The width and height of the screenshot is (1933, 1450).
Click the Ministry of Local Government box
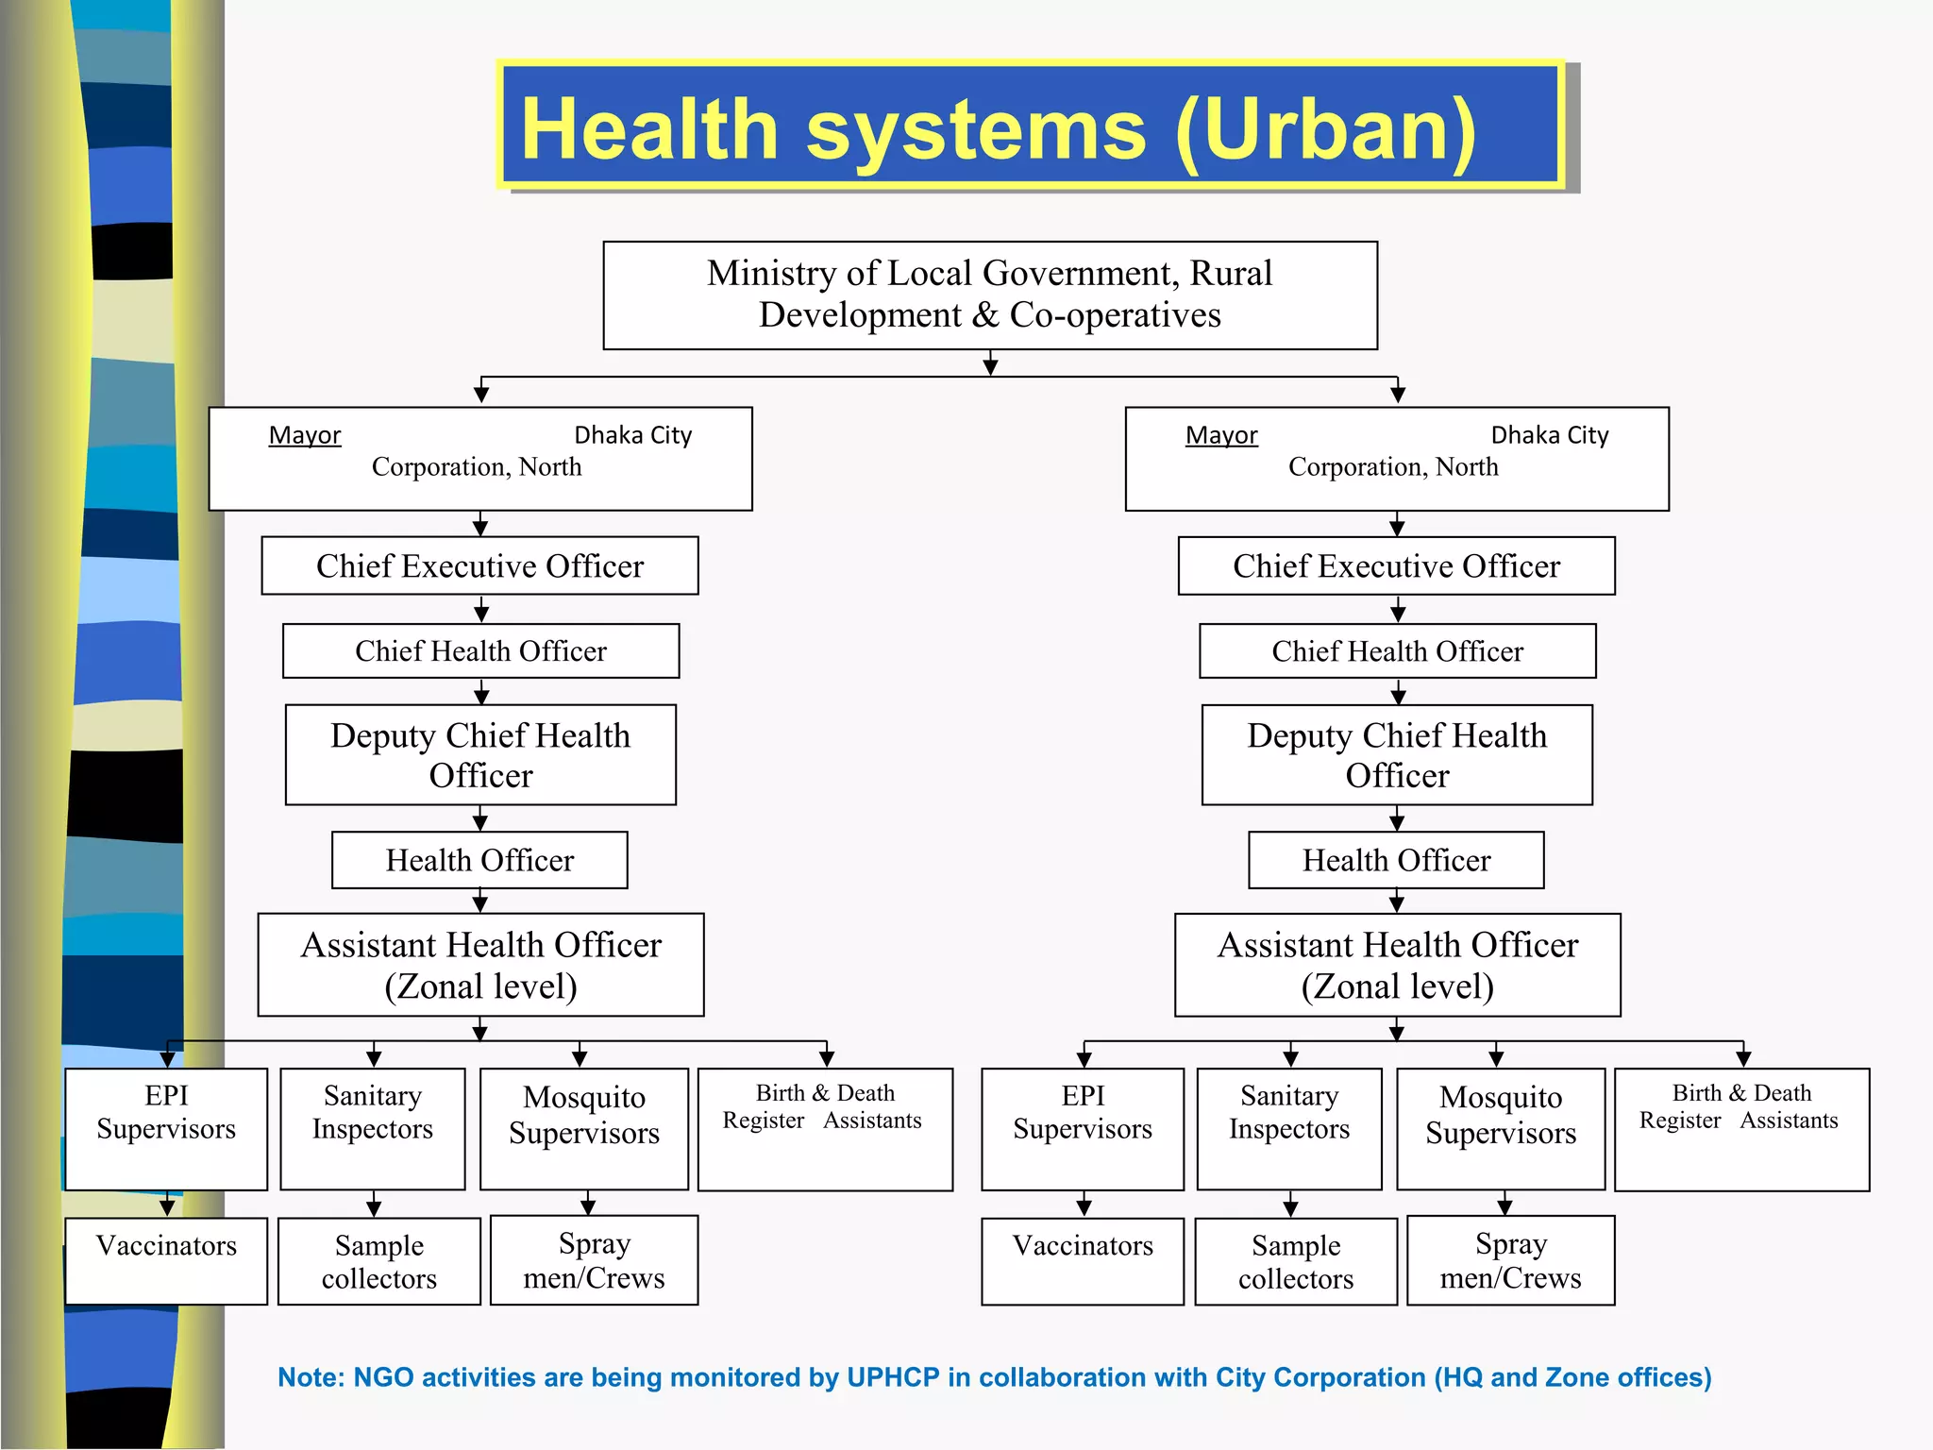[990, 295]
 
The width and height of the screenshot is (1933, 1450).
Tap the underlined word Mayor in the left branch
[304, 435]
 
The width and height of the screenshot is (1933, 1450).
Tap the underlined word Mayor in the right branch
[1221, 435]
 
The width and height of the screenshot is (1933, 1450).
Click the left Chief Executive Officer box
[479, 565]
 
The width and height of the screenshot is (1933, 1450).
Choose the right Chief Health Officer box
[1397, 650]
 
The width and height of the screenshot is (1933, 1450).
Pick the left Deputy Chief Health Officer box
[480, 754]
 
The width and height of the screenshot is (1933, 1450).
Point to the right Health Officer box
[1396, 860]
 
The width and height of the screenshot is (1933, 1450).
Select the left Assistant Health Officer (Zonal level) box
[480, 965]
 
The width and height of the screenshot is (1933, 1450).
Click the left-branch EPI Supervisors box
[166, 1129]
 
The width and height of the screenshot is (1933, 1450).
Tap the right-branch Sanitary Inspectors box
[1289, 1129]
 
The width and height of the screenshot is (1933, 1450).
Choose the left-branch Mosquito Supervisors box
[584, 1129]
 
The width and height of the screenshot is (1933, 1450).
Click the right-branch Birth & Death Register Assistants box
[1741, 1129]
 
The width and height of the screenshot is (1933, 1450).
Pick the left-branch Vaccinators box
[166, 1261]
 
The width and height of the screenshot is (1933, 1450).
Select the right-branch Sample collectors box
[1296, 1261]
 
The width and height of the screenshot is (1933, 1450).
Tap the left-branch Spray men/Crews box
[594, 1260]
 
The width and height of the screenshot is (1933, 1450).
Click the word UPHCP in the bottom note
[893, 1377]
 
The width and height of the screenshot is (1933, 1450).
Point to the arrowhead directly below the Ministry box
[990, 366]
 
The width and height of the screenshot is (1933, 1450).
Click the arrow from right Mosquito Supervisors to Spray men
[1504, 1204]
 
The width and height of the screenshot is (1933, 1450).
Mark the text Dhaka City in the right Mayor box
[1550, 435]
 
